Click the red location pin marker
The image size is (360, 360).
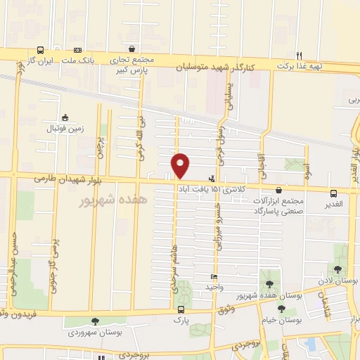pyautogui.click(x=181, y=165)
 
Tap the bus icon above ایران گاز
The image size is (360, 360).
pyautogui.click(x=41, y=50)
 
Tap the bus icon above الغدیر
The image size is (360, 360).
pyautogui.click(x=334, y=192)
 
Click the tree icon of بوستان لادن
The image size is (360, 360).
pyautogui.click(x=338, y=269)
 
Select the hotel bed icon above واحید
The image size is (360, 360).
pyautogui.click(x=214, y=276)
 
